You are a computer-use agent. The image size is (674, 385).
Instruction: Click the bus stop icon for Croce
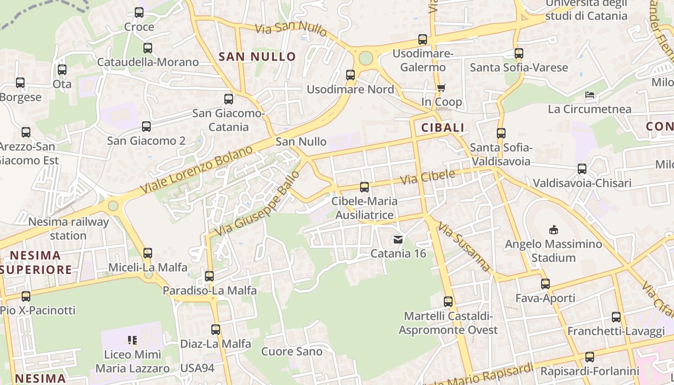[x=139, y=13]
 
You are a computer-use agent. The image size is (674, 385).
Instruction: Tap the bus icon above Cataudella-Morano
[x=148, y=48]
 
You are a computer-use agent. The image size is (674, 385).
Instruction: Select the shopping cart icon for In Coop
[x=441, y=88]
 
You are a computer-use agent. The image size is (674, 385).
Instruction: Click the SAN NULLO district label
[x=257, y=57]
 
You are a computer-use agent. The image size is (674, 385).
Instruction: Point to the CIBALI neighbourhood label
[x=442, y=128]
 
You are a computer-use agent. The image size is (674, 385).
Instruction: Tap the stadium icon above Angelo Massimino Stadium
[x=553, y=230]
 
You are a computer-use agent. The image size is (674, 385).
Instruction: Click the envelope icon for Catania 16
[x=398, y=239]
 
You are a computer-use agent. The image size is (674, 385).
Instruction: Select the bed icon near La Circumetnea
[x=590, y=95]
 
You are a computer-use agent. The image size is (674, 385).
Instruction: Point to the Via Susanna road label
[x=464, y=247]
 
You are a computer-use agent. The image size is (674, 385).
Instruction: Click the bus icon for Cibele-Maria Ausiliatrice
[x=364, y=187]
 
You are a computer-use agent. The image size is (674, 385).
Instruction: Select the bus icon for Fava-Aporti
[x=545, y=284]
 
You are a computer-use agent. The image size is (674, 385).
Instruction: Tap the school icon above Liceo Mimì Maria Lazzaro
[x=132, y=340]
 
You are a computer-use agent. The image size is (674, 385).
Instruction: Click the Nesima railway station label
[x=68, y=229]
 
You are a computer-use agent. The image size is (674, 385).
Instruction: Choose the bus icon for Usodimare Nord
[x=350, y=75]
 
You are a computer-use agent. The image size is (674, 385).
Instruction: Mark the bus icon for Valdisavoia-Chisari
[x=582, y=169]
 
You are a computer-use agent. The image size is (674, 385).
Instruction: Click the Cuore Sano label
[x=292, y=351]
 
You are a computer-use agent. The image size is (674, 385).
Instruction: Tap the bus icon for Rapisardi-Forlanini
[x=590, y=357]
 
